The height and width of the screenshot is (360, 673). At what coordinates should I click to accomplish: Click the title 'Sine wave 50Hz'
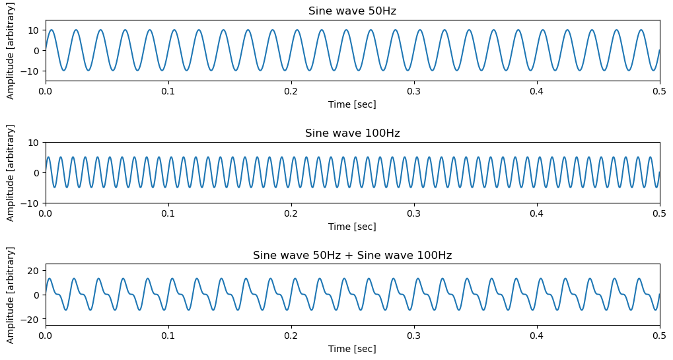[x=352, y=11]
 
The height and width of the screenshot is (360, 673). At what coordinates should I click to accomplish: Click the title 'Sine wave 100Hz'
[x=352, y=133]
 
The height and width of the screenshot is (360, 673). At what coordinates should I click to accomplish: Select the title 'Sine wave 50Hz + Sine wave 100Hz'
[x=352, y=256]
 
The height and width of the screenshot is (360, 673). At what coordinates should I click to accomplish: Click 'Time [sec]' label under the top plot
[x=352, y=104]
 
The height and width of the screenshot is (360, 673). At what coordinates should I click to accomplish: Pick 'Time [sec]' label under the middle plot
[x=352, y=227]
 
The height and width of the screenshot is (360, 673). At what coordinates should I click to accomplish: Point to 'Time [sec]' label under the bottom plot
[x=352, y=349]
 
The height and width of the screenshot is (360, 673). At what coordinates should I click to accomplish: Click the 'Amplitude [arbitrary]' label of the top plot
[x=11, y=50]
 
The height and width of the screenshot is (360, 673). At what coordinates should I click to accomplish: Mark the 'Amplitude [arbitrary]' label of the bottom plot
[x=11, y=295]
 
